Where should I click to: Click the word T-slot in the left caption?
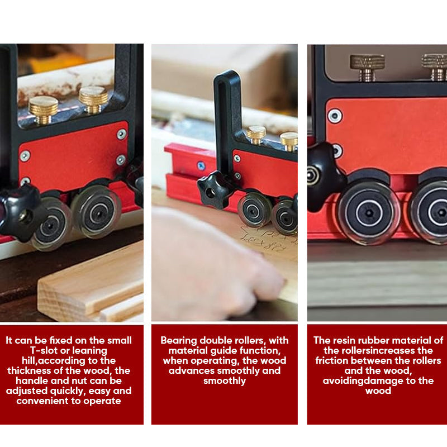point(44,350)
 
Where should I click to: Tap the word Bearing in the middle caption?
point(179,340)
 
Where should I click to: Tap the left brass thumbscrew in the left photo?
point(44,109)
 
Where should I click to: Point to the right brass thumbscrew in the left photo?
point(93,99)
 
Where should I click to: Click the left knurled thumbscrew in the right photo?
point(367,67)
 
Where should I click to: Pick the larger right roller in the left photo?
point(96,212)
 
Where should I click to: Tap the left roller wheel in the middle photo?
point(255,210)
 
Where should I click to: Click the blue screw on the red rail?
point(201,165)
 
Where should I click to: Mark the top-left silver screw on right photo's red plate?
point(335,116)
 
